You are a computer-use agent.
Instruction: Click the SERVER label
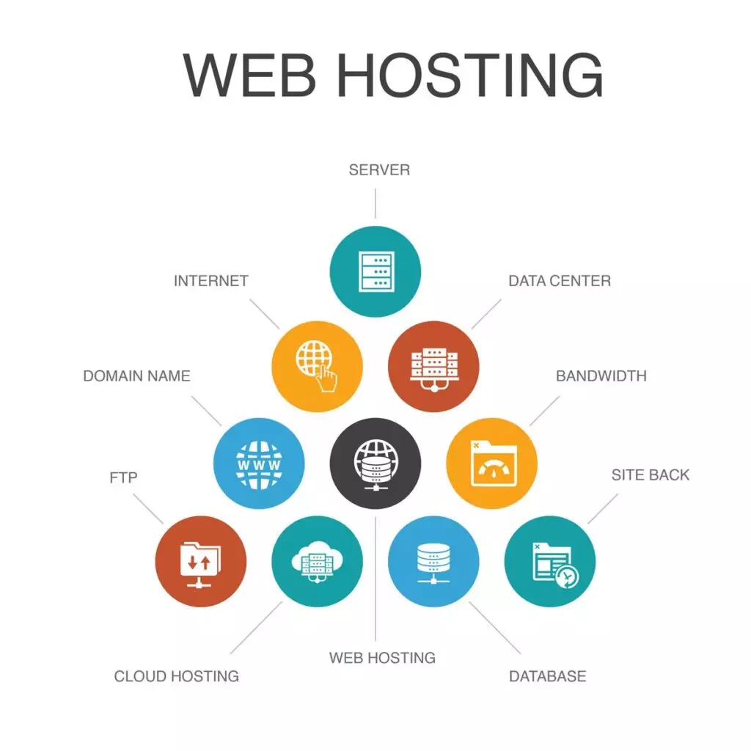[379, 170]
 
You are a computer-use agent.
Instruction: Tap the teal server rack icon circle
[375, 271]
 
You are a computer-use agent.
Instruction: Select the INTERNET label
[211, 281]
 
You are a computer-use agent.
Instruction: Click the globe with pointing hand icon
[317, 367]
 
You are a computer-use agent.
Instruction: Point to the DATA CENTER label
[560, 281]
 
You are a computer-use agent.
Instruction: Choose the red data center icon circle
[433, 367]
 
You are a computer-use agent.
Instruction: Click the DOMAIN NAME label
[137, 376]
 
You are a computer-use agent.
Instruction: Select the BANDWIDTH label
[601, 376]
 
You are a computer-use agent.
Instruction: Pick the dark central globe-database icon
[376, 464]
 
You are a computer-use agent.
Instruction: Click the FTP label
[123, 477]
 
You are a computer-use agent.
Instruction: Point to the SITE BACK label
[651, 475]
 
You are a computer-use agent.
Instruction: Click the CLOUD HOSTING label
[177, 676]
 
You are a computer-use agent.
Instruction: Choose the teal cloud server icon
[317, 561]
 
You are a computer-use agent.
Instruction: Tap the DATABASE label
[547, 676]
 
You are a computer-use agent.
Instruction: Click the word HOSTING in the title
[470, 76]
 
